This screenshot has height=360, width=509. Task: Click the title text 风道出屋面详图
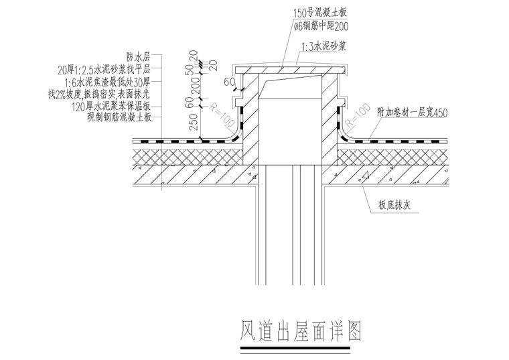[x=300, y=332]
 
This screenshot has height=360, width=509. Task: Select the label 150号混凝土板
[x=321, y=12]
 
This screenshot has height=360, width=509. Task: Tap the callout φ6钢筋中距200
[x=321, y=26]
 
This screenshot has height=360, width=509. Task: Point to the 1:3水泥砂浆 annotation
[x=324, y=46]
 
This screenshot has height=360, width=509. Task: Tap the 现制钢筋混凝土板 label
[x=120, y=116]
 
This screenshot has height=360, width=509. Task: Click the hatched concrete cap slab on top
[x=289, y=70]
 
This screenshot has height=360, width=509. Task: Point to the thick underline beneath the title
[x=301, y=351]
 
